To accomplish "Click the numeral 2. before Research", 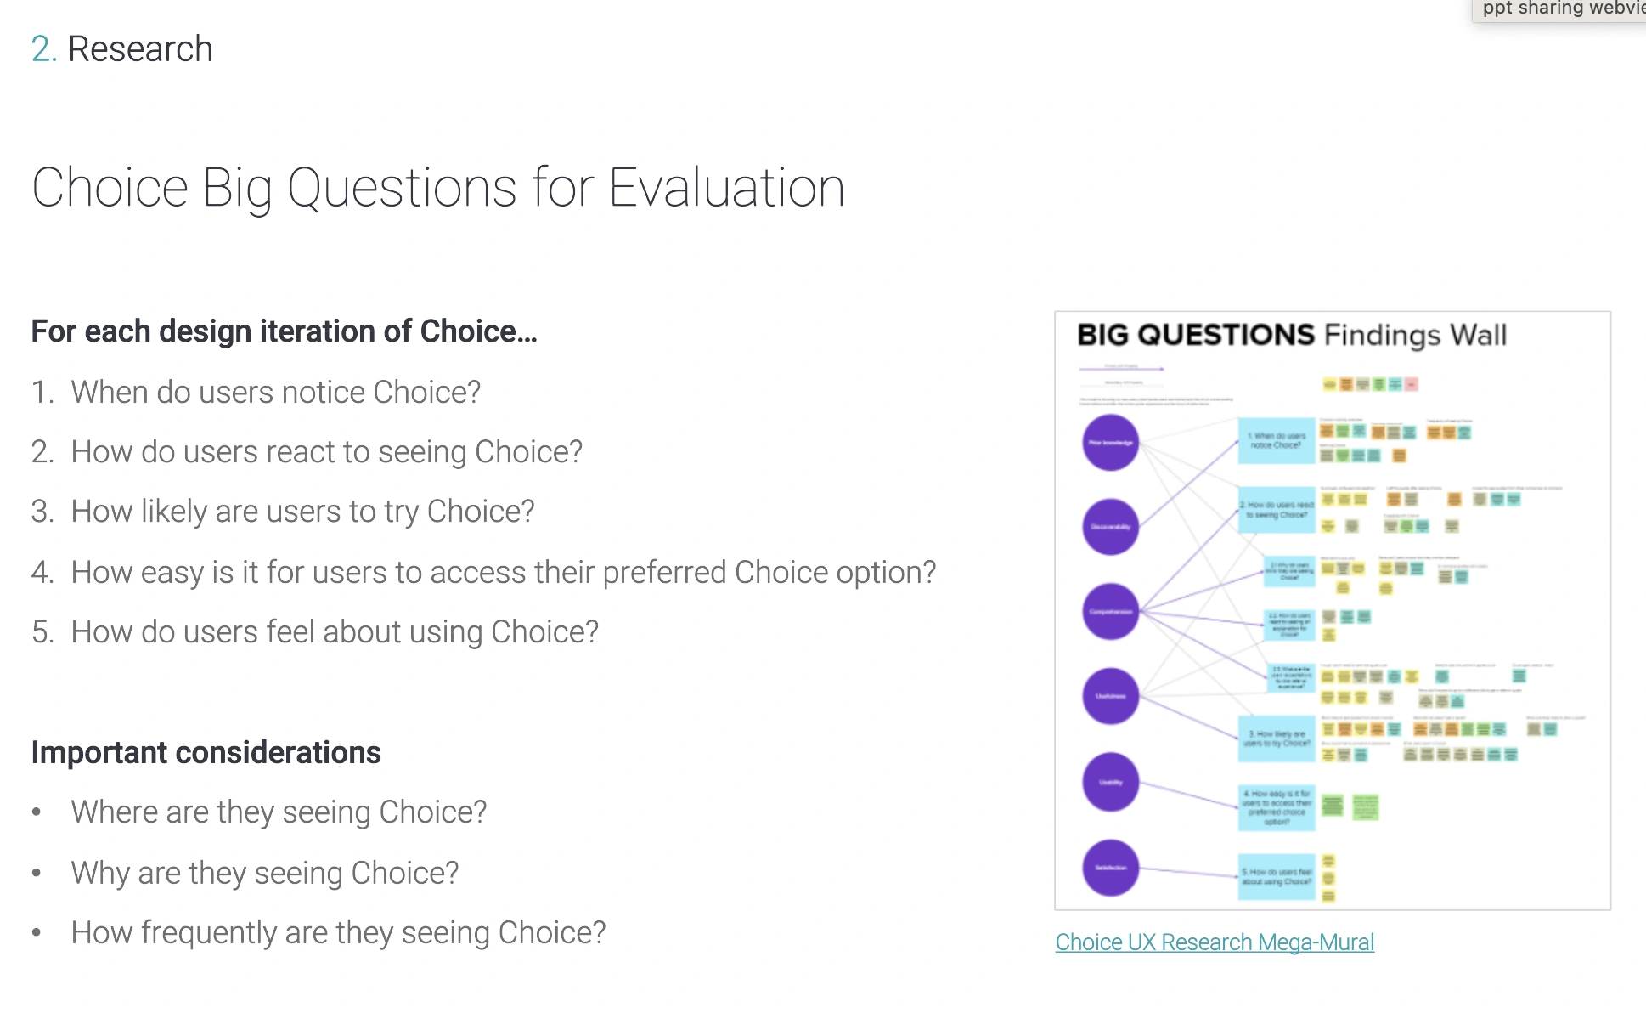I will pyautogui.click(x=42, y=49).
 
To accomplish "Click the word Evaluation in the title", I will pyautogui.click(x=726, y=188).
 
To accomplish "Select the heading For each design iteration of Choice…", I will pyautogui.click(x=284, y=331).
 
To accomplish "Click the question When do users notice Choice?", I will pyautogui.click(x=275, y=393).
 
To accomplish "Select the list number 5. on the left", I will pyautogui.click(x=42, y=632).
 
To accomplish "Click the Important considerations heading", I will pyautogui.click(x=206, y=753).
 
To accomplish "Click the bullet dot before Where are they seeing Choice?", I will pyautogui.click(x=37, y=812).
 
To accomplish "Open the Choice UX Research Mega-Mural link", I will pyautogui.click(x=1214, y=942).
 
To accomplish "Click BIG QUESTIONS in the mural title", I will pyautogui.click(x=1195, y=335).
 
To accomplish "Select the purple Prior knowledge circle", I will pyautogui.click(x=1110, y=443).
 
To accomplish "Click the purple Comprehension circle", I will pyautogui.click(x=1110, y=612).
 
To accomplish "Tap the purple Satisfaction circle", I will pyautogui.click(x=1110, y=868).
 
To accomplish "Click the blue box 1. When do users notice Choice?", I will pyautogui.click(x=1276, y=440).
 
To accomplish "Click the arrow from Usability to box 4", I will pyautogui.click(x=1189, y=795).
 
